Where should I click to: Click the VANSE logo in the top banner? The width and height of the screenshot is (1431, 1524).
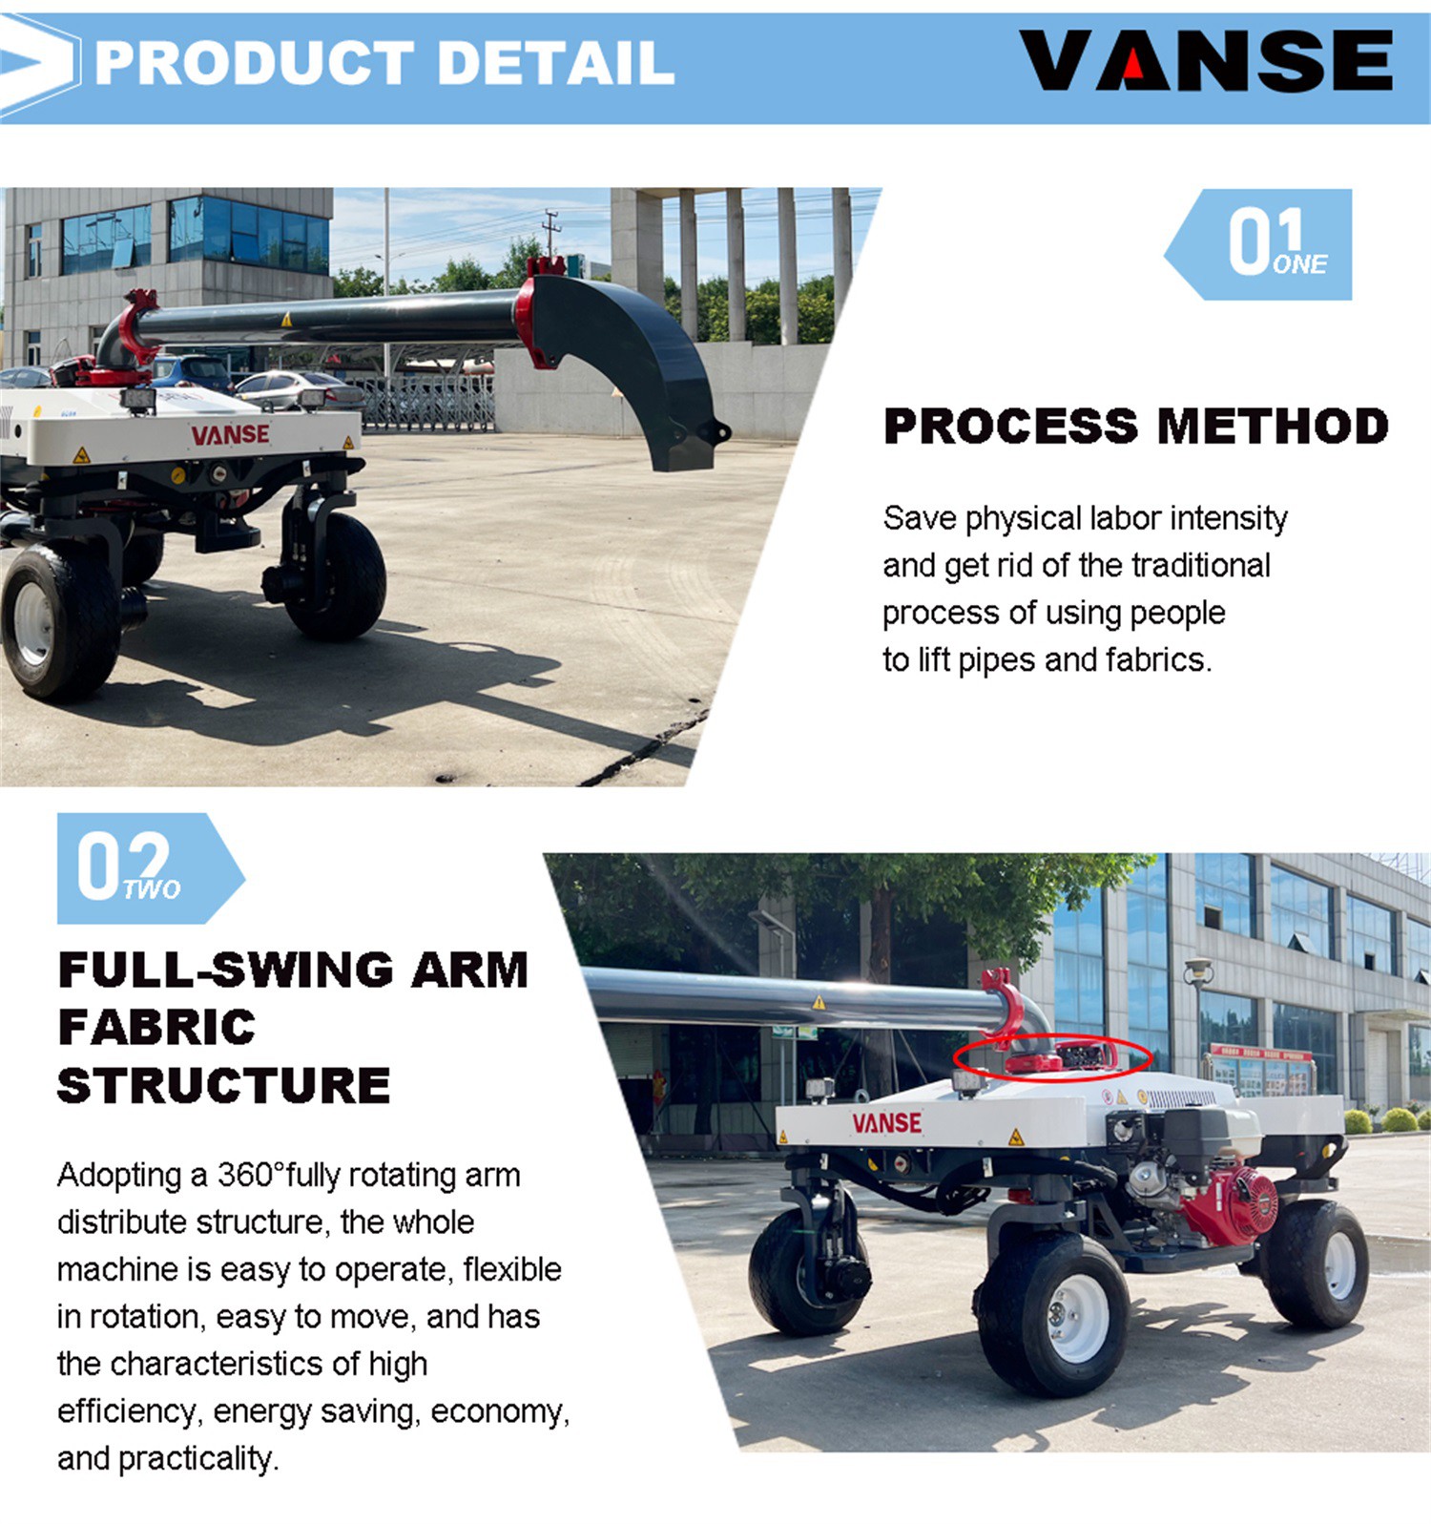pyautogui.click(x=1207, y=61)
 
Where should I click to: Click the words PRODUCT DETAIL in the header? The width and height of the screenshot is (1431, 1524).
pyautogui.click(x=384, y=63)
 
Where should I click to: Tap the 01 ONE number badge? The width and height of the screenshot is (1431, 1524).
pyautogui.click(x=1258, y=244)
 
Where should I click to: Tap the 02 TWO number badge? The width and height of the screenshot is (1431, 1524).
pyautogui.click(x=151, y=867)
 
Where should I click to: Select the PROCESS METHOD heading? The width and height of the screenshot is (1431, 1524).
pyautogui.click(x=1135, y=426)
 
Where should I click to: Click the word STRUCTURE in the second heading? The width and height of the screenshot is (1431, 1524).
pyautogui.click(x=224, y=1086)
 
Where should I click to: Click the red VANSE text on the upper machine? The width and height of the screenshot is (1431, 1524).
pyautogui.click(x=230, y=435)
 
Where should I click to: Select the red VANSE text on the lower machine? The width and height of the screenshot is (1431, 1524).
pyautogui.click(x=887, y=1123)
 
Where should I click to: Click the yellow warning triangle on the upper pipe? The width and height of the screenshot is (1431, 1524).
pyautogui.click(x=286, y=320)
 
